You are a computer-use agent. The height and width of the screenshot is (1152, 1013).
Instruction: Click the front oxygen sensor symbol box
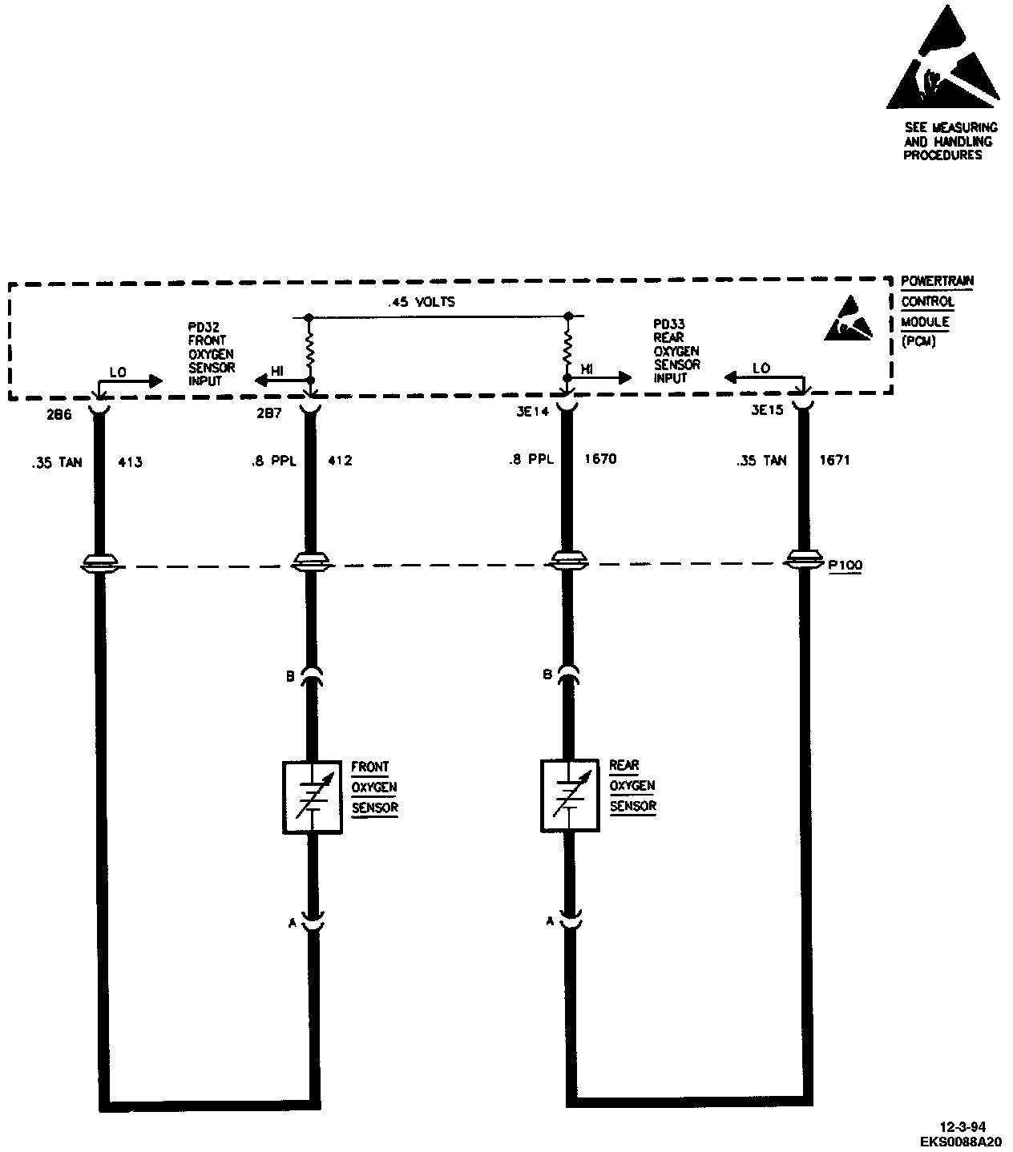tap(312, 796)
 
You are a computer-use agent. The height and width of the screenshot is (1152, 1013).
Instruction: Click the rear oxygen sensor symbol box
tap(570, 795)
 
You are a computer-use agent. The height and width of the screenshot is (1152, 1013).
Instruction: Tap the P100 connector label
tap(845, 565)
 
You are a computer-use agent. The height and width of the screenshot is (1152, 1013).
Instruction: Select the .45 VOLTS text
tap(421, 303)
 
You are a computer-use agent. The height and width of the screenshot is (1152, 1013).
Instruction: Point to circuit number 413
tap(130, 461)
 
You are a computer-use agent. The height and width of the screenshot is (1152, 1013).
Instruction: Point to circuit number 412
tap(341, 461)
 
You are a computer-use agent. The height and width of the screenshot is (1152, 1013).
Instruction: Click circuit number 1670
tap(601, 460)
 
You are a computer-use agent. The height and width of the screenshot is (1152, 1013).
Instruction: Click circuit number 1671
tap(834, 460)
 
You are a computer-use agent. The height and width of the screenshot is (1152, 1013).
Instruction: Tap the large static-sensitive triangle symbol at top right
tap(944, 60)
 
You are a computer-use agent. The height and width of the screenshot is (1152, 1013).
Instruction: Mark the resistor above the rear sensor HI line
tap(568, 346)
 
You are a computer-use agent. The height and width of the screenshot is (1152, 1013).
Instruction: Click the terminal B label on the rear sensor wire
tap(547, 675)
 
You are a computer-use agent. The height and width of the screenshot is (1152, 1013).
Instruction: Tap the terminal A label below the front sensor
tap(293, 923)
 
